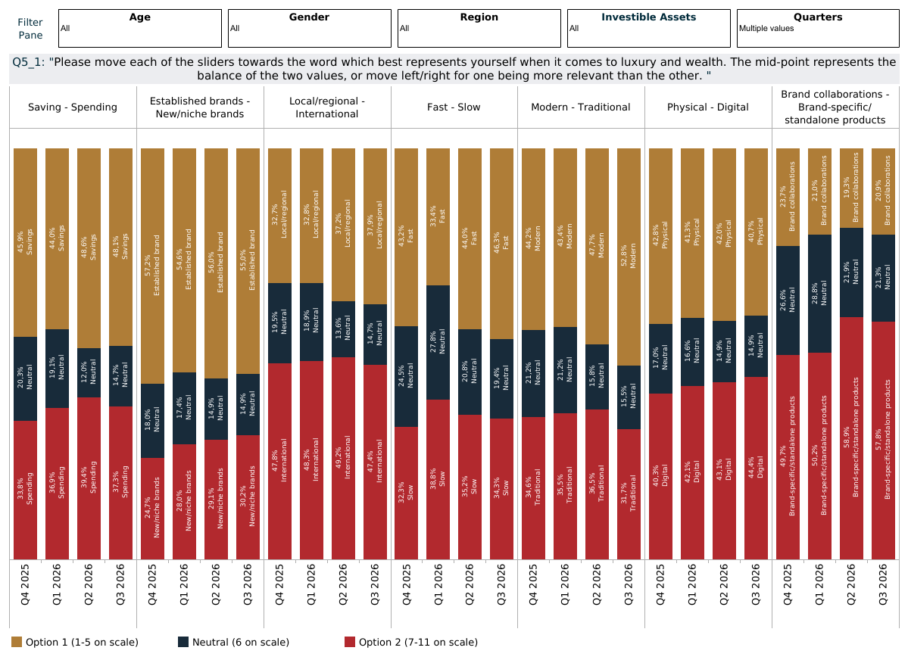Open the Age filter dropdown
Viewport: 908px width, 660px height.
pos(140,28)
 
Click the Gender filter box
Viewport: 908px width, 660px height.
pos(310,28)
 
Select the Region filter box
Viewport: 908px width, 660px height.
pos(479,28)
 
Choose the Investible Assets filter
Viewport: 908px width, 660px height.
pos(649,28)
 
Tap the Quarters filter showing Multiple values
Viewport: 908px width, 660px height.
pos(818,28)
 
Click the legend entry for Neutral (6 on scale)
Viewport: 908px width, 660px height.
pos(233,642)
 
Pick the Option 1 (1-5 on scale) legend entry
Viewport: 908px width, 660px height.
pos(75,642)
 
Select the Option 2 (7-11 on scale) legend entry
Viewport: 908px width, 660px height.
pos(411,642)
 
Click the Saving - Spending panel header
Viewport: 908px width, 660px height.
pos(73,107)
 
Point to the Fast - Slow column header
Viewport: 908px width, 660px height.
pos(454,107)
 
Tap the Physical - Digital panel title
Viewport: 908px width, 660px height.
pos(707,107)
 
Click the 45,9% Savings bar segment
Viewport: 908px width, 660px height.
pos(26,242)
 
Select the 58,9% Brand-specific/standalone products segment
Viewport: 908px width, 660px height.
pos(852,438)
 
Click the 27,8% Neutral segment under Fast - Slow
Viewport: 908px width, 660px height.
pos(438,342)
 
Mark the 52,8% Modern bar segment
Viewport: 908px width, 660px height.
pos(629,257)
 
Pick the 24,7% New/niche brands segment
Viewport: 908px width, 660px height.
pos(153,509)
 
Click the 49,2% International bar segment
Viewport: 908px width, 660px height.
pos(343,459)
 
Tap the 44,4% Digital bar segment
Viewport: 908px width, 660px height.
pos(756,469)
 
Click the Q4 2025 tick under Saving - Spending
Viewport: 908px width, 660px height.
pos(25,585)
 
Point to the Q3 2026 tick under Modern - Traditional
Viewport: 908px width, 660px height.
pos(629,585)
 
